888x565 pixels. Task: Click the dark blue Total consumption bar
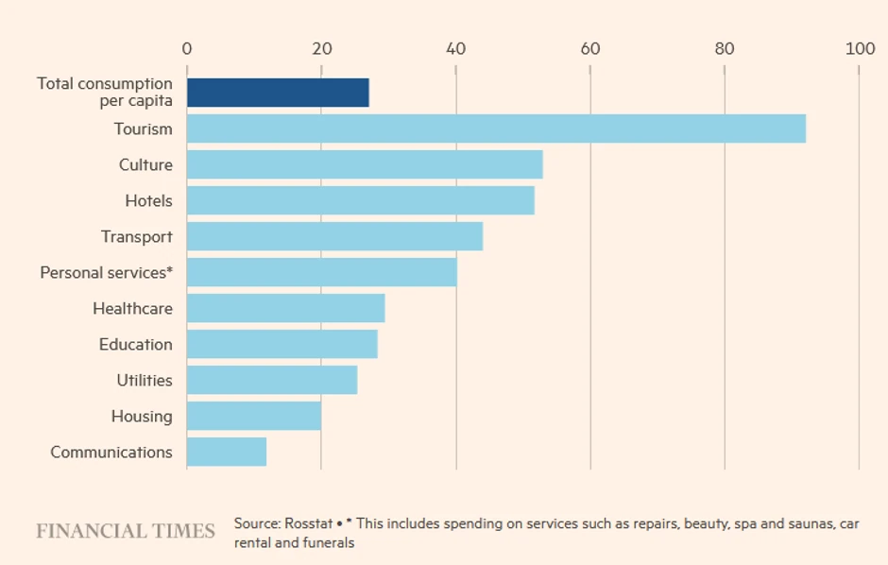(x=278, y=93)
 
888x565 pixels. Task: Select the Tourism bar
(x=496, y=128)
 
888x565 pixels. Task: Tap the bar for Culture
(x=365, y=164)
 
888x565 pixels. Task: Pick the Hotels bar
(x=360, y=200)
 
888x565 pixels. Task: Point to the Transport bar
(x=334, y=236)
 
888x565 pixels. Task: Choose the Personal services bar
(x=321, y=272)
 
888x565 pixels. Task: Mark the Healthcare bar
(x=285, y=308)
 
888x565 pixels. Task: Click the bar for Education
(x=282, y=344)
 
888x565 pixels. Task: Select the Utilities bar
(x=272, y=380)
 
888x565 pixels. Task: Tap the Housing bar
(x=254, y=416)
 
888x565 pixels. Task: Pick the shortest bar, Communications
(x=227, y=452)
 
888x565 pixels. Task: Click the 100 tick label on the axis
(x=860, y=49)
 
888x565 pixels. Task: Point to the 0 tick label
(x=187, y=49)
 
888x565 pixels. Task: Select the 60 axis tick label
(x=590, y=49)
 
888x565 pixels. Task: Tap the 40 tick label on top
(x=456, y=49)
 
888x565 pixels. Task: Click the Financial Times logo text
(x=126, y=531)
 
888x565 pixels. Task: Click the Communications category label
(x=111, y=452)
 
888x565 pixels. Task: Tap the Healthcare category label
(x=132, y=308)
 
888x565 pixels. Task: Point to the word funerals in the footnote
(x=329, y=543)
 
